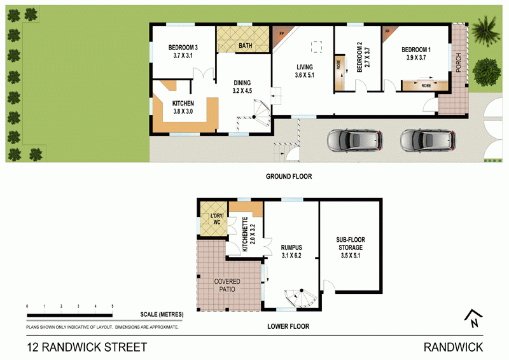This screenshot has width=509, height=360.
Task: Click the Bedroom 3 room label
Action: click(183, 52)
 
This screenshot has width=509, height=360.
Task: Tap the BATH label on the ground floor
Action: click(244, 46)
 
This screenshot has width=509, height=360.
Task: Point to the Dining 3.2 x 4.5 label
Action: click(241, 87)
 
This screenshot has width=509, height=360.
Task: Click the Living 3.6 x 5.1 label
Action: click(305, 71)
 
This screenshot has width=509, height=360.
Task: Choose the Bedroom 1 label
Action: click(419, 53)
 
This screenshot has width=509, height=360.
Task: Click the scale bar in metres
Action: click(70, 314)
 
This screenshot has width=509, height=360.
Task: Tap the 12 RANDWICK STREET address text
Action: click(87, 347)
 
